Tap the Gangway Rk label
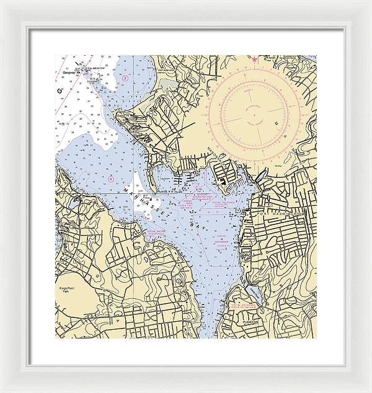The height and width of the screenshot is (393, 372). click(x=73, y=71)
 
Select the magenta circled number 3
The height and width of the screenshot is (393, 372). click(x=125, y=79)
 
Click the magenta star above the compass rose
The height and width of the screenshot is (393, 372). click(x=254, y=59)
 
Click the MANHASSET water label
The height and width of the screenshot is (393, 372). click(x=152, y=201)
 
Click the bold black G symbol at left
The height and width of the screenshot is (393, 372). click(x=60, y=92)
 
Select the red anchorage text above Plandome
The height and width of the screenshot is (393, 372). click(x=245, y=307)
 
